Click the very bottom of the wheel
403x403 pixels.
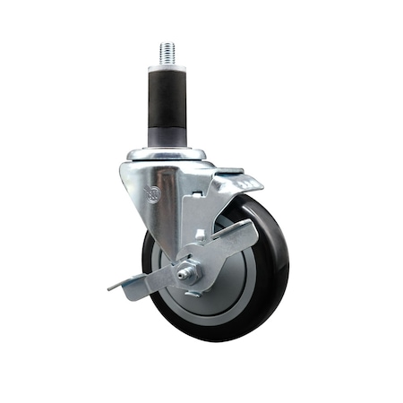(x=215, y=339)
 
